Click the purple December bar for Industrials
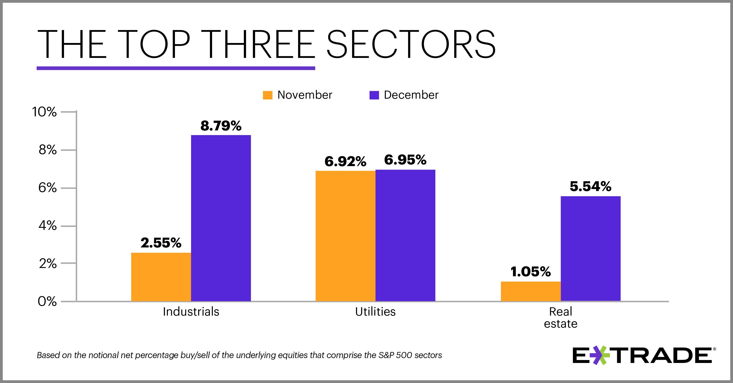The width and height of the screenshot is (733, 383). click(221, 218)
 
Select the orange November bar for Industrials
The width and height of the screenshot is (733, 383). click(161, 277)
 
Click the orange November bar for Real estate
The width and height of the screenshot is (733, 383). click(531, 291)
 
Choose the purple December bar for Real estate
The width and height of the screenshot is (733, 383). click(591, 248)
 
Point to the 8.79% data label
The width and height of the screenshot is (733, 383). click(221, 126)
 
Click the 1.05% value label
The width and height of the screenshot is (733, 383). click(531, 272)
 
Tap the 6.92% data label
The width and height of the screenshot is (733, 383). click(345, 162)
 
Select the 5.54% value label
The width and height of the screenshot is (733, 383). click(591, 187)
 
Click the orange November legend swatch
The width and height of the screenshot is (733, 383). click(268, 95)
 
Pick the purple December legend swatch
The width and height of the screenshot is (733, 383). click(374, 95)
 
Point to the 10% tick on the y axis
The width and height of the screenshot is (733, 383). click(44, 112)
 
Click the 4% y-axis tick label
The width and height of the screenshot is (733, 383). click(47, 226)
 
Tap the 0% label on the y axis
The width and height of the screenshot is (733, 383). click(47, 301)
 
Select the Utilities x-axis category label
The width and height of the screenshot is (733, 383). click(375, 312)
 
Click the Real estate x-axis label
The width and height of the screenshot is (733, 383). click(560, 318)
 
